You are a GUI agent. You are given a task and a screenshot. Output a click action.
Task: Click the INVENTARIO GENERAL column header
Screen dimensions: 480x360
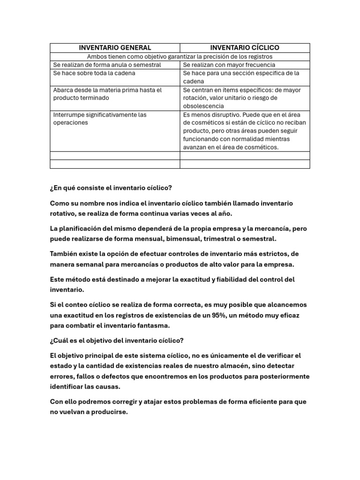coord(115,48)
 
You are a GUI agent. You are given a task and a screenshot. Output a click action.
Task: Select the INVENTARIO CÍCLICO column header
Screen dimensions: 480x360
coord(245,48)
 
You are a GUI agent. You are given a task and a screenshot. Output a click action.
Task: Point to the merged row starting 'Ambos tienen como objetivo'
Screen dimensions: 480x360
coord(180,56)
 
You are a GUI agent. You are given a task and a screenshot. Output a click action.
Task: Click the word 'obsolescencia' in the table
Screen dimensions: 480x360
coord(203,106)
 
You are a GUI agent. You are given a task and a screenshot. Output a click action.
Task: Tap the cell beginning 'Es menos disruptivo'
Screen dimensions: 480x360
coord(245,131)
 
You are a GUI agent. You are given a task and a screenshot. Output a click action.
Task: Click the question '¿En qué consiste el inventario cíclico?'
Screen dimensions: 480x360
coord(111,188)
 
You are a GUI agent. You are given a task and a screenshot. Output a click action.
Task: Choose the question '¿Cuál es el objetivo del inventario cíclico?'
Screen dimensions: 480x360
coord(117,341)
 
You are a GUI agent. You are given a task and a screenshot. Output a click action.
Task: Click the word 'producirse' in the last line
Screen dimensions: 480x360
coord(109,412)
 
